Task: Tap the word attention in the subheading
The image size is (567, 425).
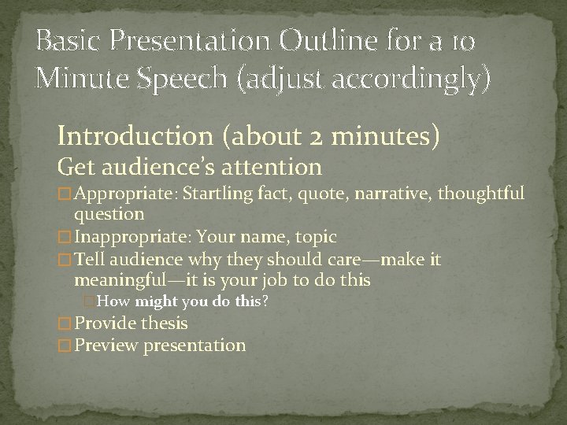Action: pos(278,167)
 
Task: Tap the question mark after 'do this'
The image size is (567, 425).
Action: pos(265,301)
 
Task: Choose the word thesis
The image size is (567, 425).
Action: pos(165,323)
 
